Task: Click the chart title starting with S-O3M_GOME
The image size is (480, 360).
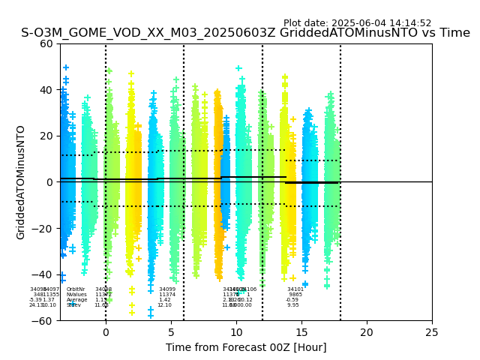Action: pyautogui.click(x=245, y=33)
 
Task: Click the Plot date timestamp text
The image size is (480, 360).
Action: pyautogui.click(x=357, y=23)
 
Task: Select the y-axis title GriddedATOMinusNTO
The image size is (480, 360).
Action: pyautogui.click(x=21, y=182)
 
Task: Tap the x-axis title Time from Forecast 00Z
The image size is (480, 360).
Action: pyautogui.click(x=246, y=347)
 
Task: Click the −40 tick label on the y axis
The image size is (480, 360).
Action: pyautogui.click(x=43, y=274)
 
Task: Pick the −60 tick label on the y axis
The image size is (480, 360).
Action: pyautogui.click(x=43, y=320)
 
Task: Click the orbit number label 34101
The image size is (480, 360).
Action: pyautogui.click(x=295, y=289)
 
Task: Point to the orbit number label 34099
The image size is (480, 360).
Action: pyautogui.click(x=167, y=289)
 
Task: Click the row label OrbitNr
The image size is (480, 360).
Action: pyautogui.click(x=76, y=289)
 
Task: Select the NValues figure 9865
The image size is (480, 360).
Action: pyautogui.click(x=295, y=295)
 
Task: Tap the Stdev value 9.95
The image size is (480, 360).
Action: pyautogui.click(x=293, y=305)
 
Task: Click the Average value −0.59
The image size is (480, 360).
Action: pyautogui.click(x=292, y=300)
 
